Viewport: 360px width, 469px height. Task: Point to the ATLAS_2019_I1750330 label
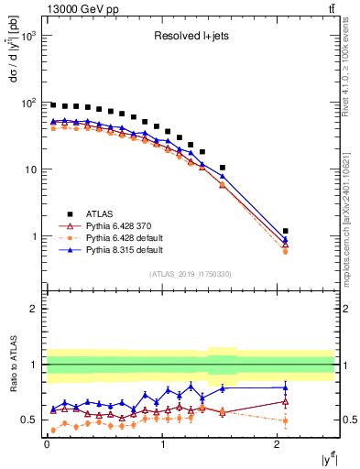[x=190, y=274]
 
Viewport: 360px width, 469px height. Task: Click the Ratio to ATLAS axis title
[x=11, y=364]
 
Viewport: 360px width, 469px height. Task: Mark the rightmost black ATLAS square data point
[x=285, y=231]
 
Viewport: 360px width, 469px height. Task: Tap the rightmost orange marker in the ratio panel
[x=285, y=421]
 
